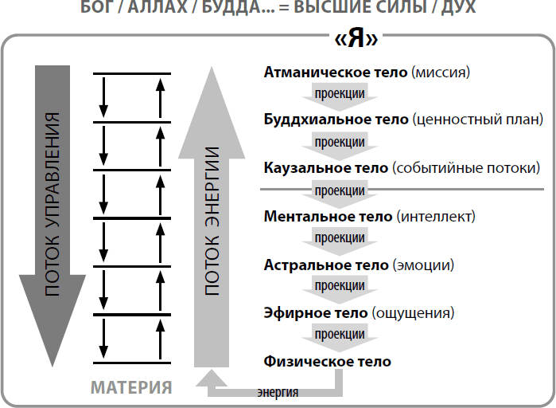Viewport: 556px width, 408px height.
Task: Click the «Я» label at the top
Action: (x=356, y=40)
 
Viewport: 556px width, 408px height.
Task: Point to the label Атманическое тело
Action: (x=336, y=73)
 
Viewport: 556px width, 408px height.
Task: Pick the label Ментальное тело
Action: (x=328, y=216)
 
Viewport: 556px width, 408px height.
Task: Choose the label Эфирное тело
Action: (x=315, y=312)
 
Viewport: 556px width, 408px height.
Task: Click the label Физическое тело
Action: (x=327, y=361)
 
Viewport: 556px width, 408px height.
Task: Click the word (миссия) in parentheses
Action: (x=441, y=73)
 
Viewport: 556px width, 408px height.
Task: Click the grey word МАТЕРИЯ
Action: (x=131, y=388)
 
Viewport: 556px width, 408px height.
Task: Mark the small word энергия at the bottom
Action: (x=278, y=392)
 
